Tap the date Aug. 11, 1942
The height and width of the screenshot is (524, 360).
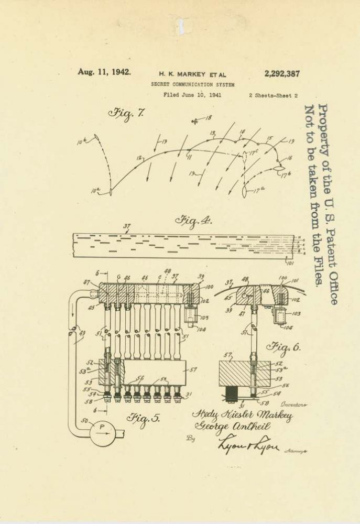coord(104,72)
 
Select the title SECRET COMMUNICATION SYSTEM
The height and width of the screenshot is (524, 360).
coord(192,84)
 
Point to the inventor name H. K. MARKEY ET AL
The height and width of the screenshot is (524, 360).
coord(192,74)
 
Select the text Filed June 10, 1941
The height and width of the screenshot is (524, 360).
coord(192,95)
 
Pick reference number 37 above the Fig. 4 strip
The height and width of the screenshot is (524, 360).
coord(126,227)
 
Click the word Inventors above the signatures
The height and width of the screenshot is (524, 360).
coord(293,405)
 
